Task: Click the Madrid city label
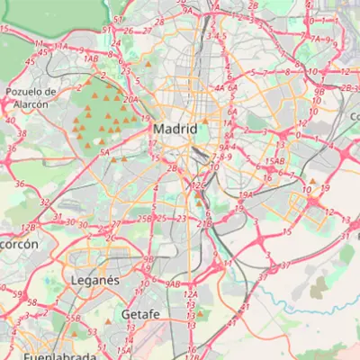click(x=175, y=129)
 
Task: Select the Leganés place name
click(x=94, y=281)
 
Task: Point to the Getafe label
click(x=139, y=314)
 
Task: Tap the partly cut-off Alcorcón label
click(x=18, y=244)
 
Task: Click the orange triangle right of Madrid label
click(x=205, y=121)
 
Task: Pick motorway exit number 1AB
click(x=90, y=59)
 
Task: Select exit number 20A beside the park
click(x=130, y=100)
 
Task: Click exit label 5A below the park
click(x=104, y=153)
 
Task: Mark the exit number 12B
click(x=27, y=228)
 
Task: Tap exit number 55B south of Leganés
click(x=74, y=319)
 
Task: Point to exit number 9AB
click(x=173, y=284)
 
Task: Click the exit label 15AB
click(x=274, y=162)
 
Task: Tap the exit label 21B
click(x=203, y=223)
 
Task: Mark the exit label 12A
click(x=190, y=294)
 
